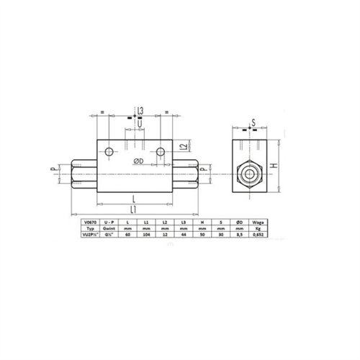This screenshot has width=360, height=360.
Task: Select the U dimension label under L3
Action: [140, 122]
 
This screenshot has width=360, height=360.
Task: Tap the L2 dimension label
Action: [184, 147]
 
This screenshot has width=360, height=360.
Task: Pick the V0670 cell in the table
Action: [89, 222]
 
